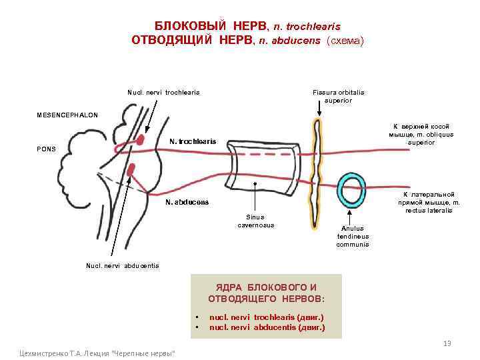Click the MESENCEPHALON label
click(67, 115)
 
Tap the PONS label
click(46, 149)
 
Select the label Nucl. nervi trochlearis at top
click(163, 92)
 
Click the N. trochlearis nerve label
click(193, 141)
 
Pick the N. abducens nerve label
click(187, 202)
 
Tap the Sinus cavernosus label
click(255, 221)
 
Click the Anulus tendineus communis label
click(352, 237)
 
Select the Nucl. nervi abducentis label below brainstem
click(123, 265)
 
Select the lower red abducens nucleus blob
click(132, 169)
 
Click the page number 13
click(447, 343)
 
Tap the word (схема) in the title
click(345, 41)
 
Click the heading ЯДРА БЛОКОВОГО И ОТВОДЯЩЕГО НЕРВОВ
click(266, 293)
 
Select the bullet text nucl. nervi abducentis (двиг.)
click(267, 327)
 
